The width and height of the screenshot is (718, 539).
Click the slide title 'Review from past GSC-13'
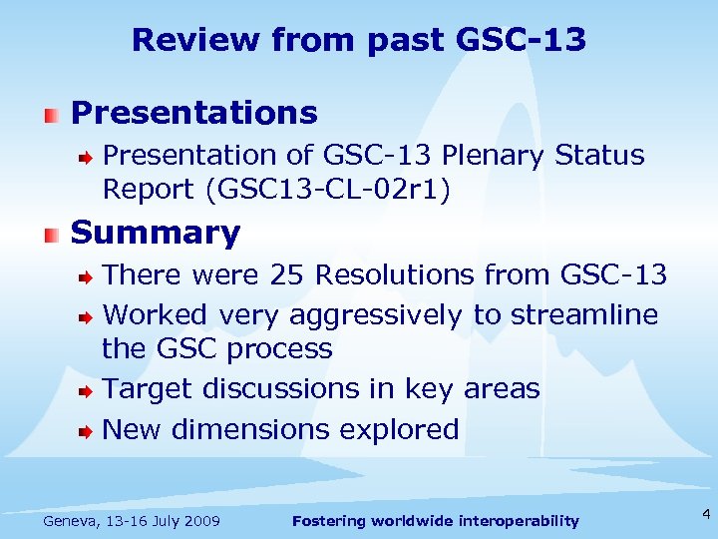359,40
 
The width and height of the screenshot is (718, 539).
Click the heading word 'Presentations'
194,113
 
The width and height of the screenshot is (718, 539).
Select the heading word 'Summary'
156,233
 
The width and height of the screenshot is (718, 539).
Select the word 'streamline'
584,314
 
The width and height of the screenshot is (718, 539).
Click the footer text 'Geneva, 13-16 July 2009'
133,520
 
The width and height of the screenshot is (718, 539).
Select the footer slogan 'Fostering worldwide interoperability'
435,520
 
